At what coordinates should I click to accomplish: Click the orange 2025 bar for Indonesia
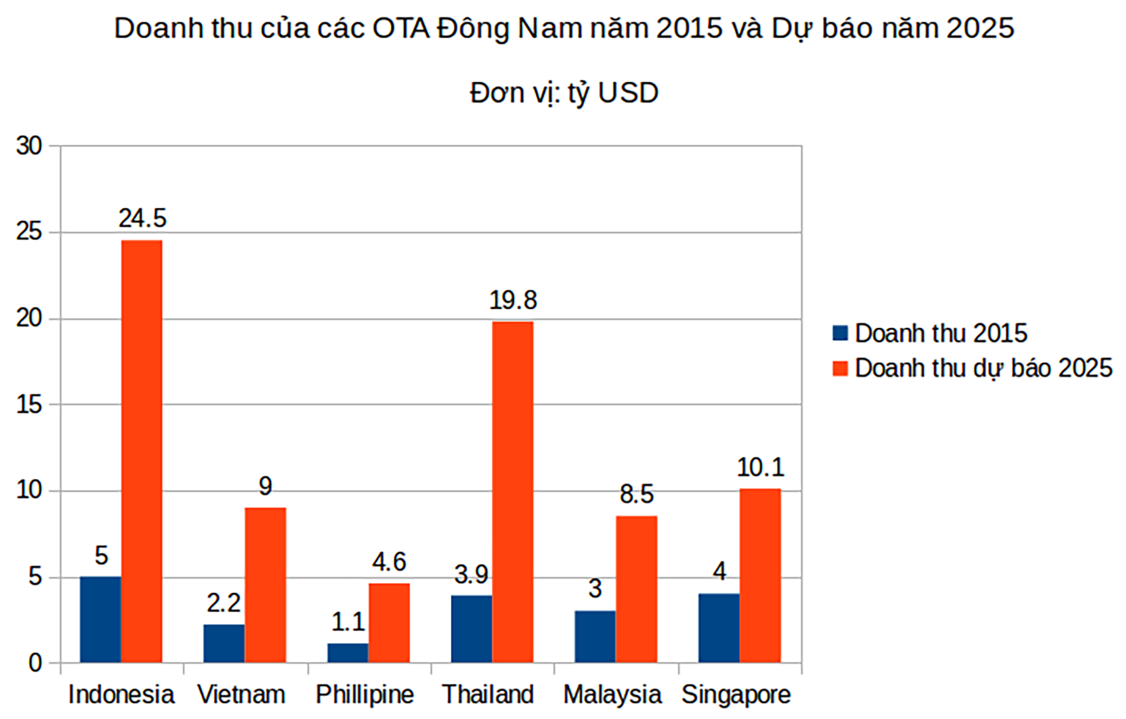tap(141, 451)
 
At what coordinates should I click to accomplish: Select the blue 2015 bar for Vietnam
tap(224, 643)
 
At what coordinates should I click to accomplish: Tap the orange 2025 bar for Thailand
tap(513, 492)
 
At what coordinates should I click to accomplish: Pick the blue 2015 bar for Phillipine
tap(348, 653)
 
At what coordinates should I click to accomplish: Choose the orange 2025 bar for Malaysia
tap(636, 589)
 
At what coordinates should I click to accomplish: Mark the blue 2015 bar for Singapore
tap(719, 628)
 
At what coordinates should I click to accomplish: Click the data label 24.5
tap(142, 219)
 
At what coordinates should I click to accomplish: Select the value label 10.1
tap(760, 468)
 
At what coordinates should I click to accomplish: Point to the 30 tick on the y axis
tap(29, 146)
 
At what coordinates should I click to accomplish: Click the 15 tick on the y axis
tap(29, 405)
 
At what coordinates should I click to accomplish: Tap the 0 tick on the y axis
tap(35, 664)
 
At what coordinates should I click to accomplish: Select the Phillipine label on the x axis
tap(365, 694)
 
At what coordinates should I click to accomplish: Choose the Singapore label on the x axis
tap(736, 694)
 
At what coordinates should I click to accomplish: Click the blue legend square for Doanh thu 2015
tap(840, 333)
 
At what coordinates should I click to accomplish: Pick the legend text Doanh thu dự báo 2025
tap(983, 368)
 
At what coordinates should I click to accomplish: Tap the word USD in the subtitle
tap(628, 93)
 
